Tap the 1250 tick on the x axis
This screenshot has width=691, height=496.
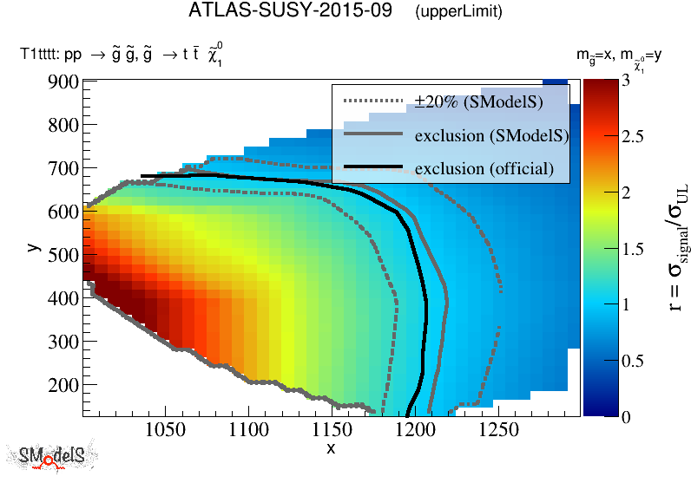[499, 429]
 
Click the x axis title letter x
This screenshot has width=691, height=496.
[331, 447]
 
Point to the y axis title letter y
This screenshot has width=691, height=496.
[33, 246]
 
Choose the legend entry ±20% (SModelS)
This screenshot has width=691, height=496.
[478, 102]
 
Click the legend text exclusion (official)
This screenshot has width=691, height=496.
[484, 168]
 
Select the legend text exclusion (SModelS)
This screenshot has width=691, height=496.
[491, 135]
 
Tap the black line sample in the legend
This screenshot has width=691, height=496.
[373, 166]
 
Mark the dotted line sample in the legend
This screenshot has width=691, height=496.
[373, 101]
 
